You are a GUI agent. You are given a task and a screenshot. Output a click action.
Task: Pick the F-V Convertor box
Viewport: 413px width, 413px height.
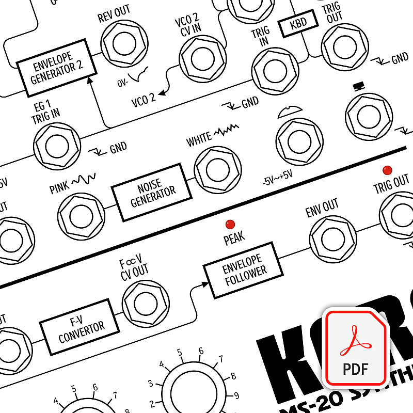click(x=81, y=326)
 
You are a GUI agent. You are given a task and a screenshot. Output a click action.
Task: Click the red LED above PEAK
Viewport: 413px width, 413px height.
click(x=230, y=224)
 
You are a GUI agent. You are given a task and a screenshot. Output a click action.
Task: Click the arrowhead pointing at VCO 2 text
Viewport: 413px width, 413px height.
click(x=161, y=93)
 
